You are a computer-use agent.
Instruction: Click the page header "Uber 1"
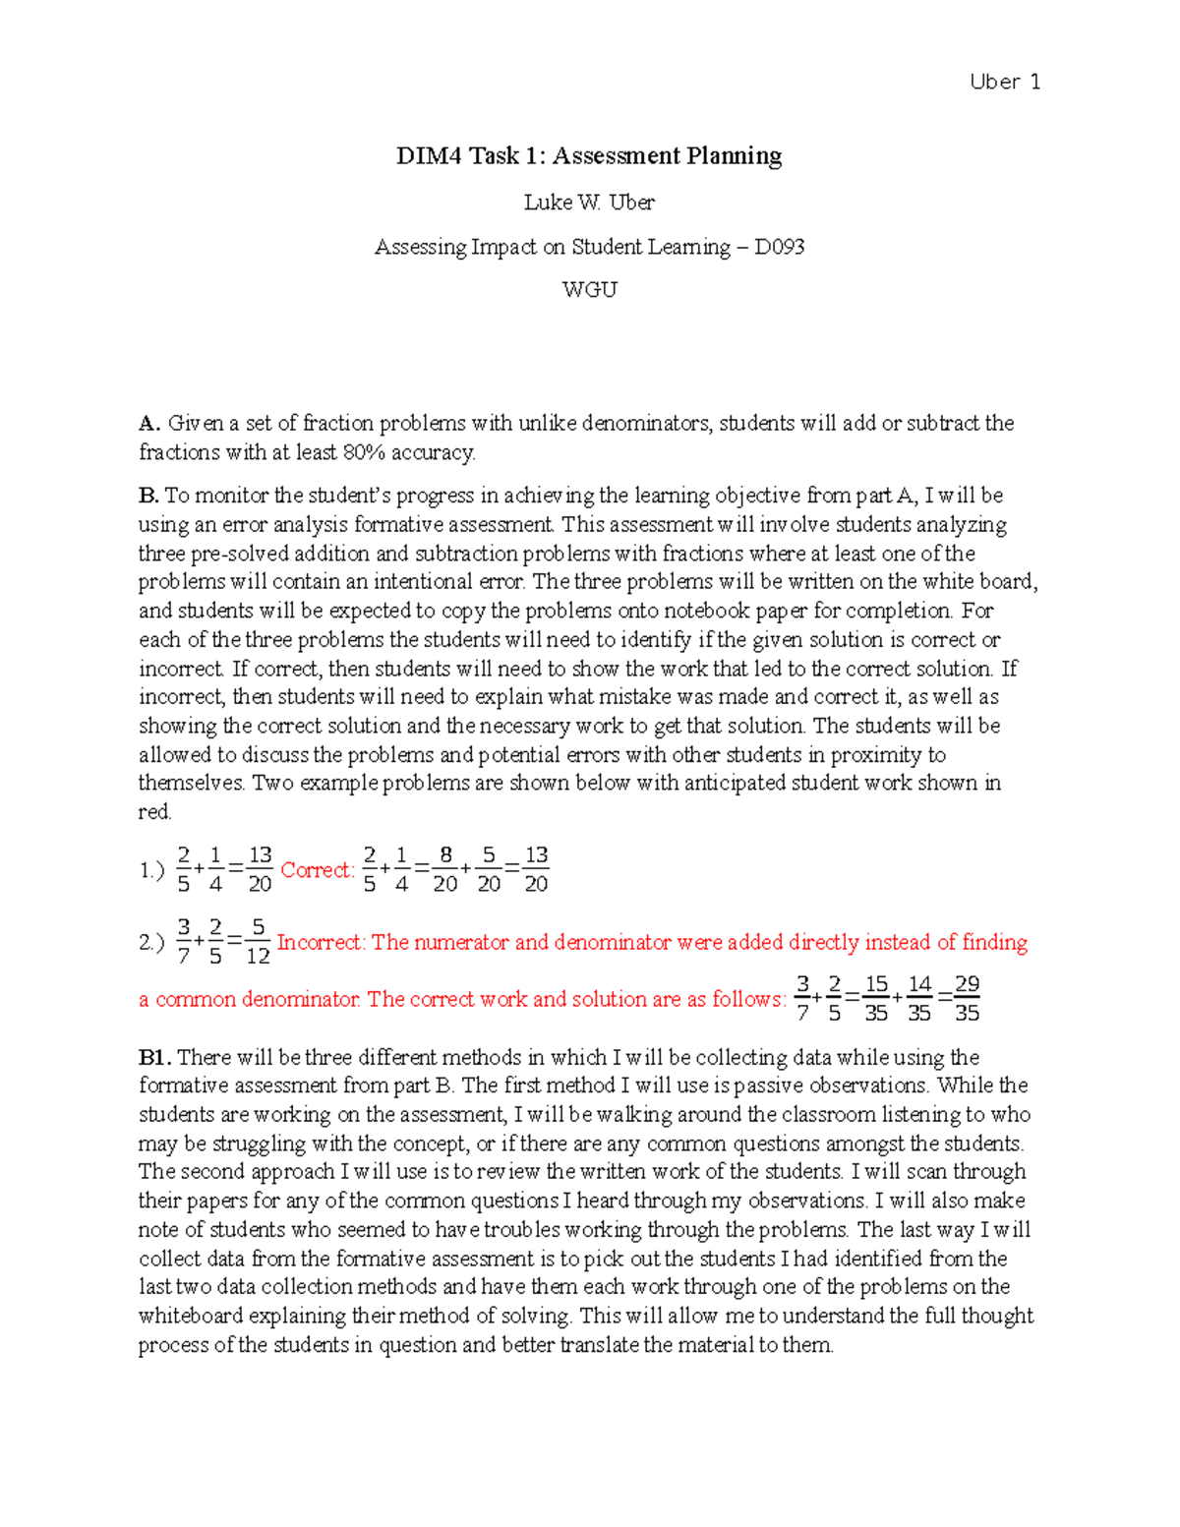click(x=1004, y=83)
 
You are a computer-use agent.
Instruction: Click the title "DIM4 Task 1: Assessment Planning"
click(x=589, y=156)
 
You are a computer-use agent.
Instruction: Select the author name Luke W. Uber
click(x=589, y=203)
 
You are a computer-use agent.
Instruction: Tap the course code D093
click(x=779, y=247)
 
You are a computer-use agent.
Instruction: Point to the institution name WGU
click(x=589, y=290)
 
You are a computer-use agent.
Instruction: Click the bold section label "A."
click(x=148, y=424)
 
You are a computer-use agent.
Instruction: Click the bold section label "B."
click(x=148, y=496)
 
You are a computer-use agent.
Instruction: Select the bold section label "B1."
click(x=155, y=1058)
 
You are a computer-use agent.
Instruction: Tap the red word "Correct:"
click(x=317, y=870)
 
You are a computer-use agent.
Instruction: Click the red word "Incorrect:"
click(x=322, y=943)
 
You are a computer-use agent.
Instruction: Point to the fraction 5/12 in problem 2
click(x=259, y=941)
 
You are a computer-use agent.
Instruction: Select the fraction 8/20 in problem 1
click(x=445, y=869)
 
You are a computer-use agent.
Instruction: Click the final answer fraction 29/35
click(x=967, y=999)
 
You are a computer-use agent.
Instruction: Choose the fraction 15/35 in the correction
click(x=876, y=999)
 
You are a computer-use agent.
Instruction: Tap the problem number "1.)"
click(x=151, y=871)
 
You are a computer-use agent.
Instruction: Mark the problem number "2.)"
click(x=151, y=943)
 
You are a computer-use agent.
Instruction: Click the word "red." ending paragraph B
click(x=155, y=812)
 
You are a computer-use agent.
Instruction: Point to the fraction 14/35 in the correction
click(x=919, y=999)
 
